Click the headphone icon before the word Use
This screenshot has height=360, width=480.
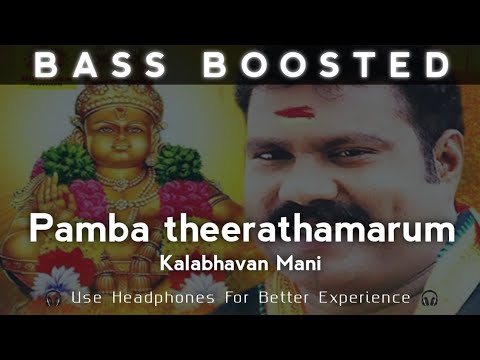coord(53,298)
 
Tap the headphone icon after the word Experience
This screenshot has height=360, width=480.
coord(429,298)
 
